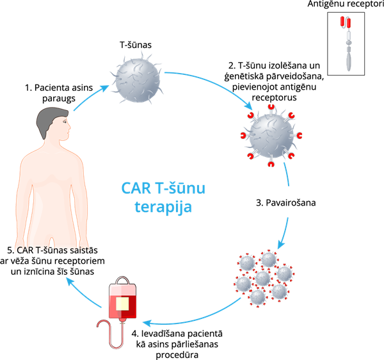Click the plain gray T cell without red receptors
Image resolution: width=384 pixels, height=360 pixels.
click(138, 81)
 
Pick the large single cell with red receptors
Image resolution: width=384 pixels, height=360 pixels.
click(271, 135)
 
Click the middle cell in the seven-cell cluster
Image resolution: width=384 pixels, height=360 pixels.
click(263, 279)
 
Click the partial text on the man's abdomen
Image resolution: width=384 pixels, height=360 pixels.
click(53, 249)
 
